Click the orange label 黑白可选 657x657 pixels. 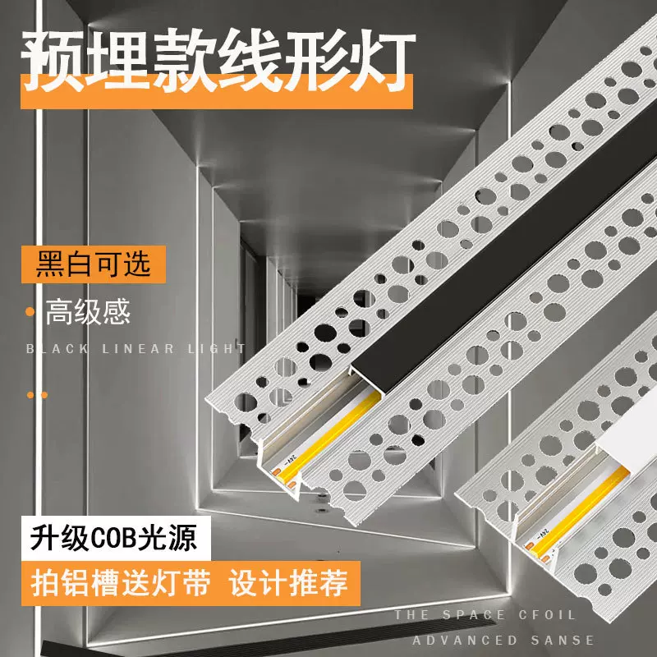94,264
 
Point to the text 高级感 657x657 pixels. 89,312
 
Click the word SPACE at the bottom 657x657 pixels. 471,615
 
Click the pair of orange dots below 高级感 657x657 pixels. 37,395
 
